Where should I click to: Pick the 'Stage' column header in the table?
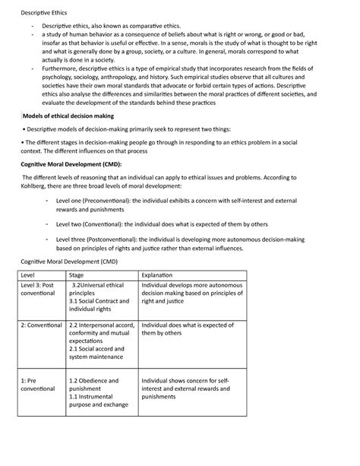click(77, 274)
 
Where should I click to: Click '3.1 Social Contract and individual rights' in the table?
click(99, 304)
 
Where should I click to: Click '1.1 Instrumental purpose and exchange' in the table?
click(98, 401)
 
